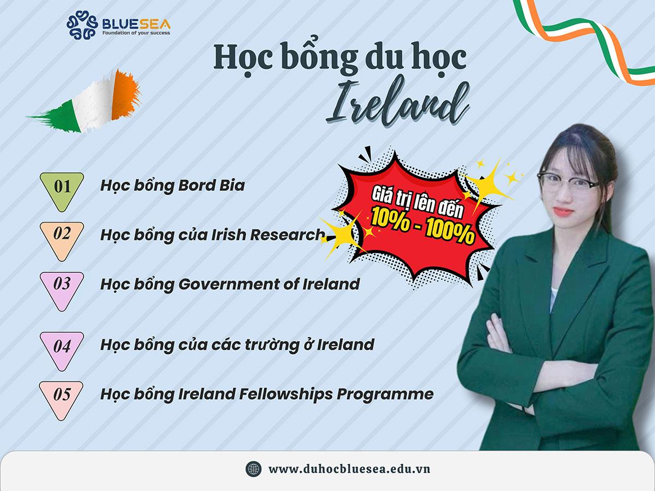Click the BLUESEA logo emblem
coord(82,25)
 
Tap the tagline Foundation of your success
coord(136,33)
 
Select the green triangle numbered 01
coord(62,191)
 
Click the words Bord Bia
coord(212,185)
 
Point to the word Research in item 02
coord(287,235)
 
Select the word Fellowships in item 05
coord(286,394)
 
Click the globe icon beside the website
coord(253,469)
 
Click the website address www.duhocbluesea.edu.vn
coord(349,469)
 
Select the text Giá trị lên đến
coord(417,202)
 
